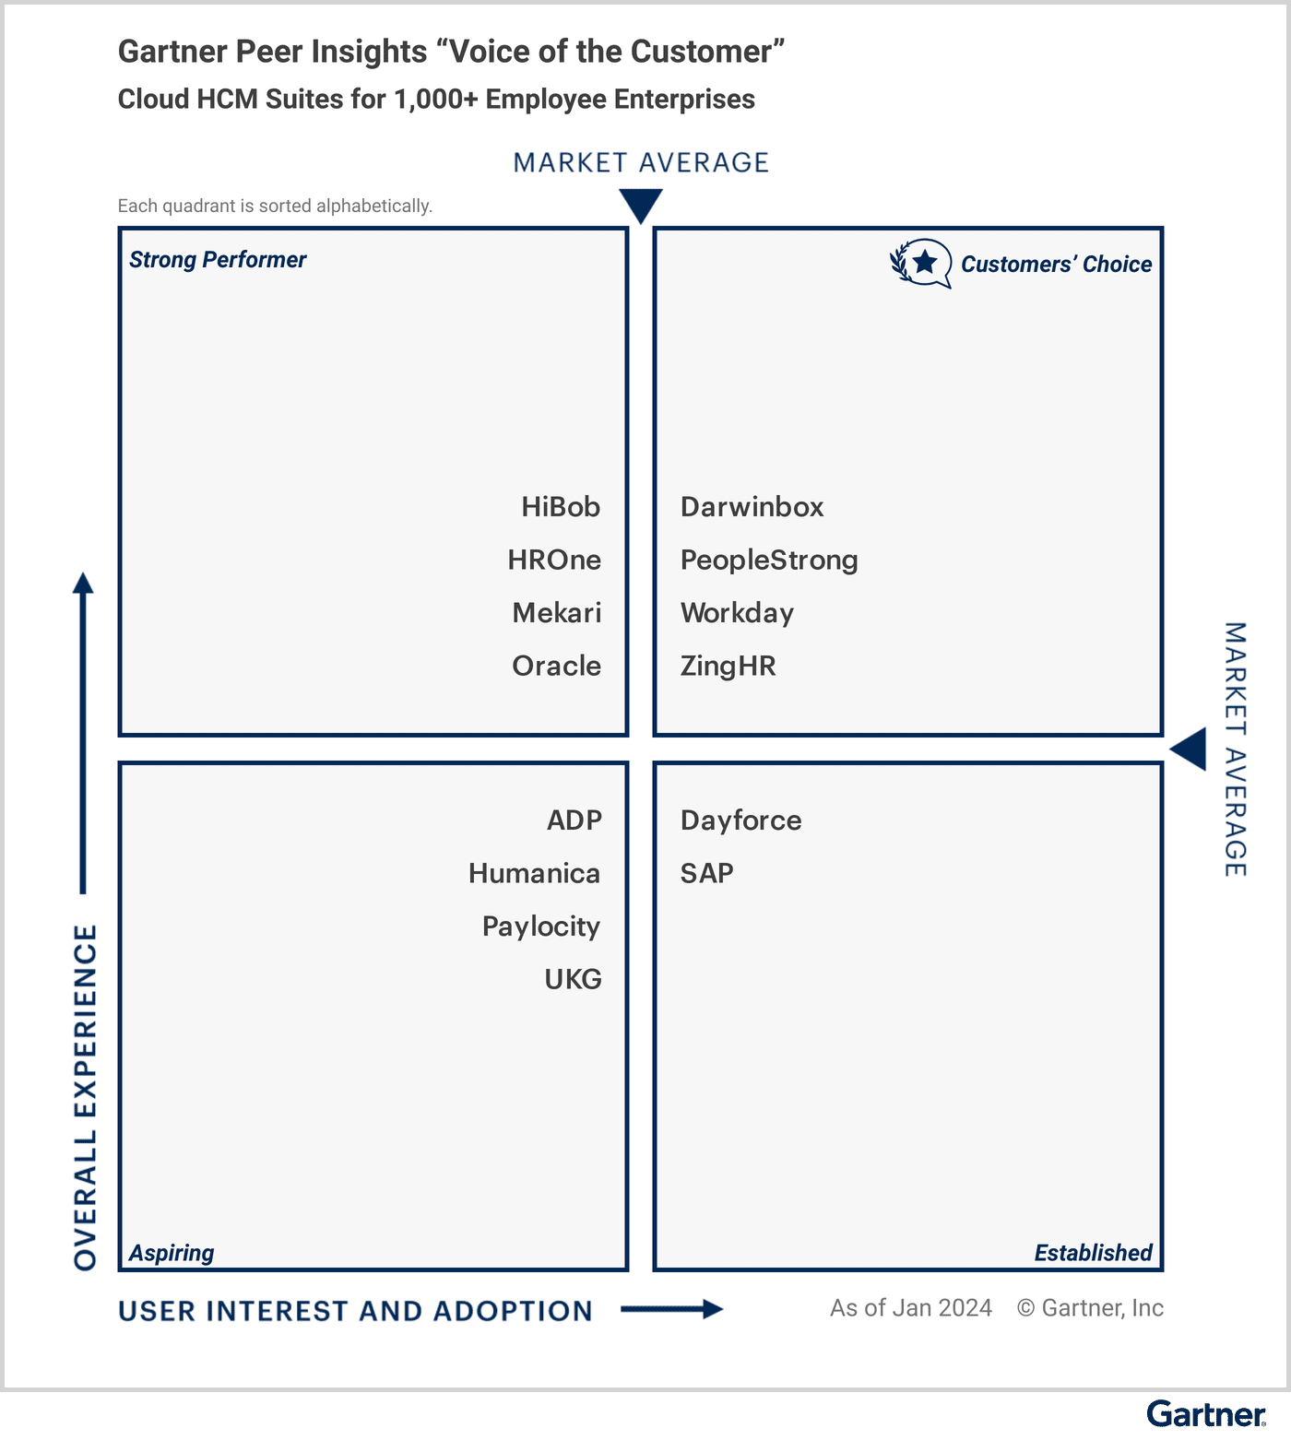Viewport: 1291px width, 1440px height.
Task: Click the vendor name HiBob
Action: pos(561,507)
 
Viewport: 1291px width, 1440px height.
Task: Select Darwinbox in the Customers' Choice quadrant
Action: pos(752,507)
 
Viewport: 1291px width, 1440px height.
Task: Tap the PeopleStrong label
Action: pos(769,561)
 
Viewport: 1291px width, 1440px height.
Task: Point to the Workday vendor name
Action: pos(737,613)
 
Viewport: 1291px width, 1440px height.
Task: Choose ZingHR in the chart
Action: pos(728,666)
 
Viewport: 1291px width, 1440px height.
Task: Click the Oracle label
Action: pos(556,666)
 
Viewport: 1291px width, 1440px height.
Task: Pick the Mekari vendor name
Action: pos(556,613)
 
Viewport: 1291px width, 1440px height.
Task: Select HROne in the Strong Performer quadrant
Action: pos(554,560)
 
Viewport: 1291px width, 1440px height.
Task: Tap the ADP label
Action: pos(574,820)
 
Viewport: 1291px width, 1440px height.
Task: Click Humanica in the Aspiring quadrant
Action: pos(534,873)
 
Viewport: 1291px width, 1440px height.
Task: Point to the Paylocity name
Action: pos(540,927)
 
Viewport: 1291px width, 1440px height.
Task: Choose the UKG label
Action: pos(573,979)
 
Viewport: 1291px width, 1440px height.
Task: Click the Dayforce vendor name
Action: pos(740,820)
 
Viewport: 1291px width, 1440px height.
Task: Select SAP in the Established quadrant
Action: pos(706,873)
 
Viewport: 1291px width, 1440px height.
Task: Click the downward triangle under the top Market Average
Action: pos(641,205)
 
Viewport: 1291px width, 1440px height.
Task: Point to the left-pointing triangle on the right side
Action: pos(1190,749)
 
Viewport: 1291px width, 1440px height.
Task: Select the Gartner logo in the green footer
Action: pos(1206,1413)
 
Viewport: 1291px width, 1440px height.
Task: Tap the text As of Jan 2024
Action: pos(910,1308)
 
